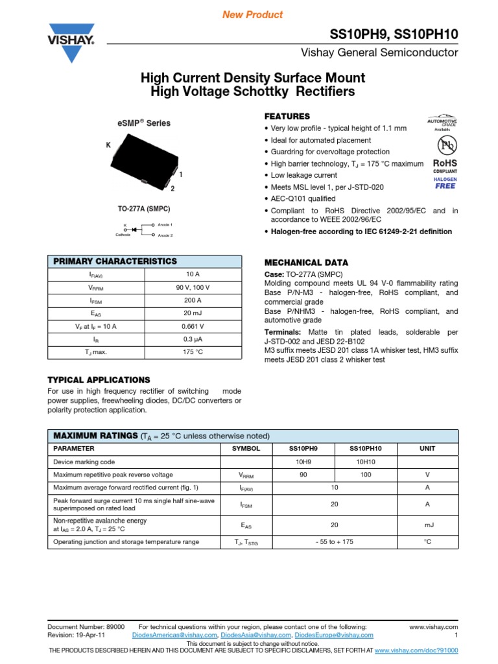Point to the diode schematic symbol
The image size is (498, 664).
(x=136, y=229)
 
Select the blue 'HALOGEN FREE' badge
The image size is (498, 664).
(x=445, y=182)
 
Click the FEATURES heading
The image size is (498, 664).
(x=287, y=116)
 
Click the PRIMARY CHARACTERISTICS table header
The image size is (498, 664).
(x=115, y=261)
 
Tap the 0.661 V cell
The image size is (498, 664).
(x=194, y=326)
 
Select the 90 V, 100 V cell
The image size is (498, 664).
(x=194, y=287)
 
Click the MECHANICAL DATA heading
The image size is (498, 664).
(x=306, y=263)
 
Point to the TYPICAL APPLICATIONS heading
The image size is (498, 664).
(x=99, y=379)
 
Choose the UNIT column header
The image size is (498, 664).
(x=427, y=448)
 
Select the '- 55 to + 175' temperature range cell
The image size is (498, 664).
(x=335, y=541)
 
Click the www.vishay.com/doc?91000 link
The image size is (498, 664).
(x=416, y=649)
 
